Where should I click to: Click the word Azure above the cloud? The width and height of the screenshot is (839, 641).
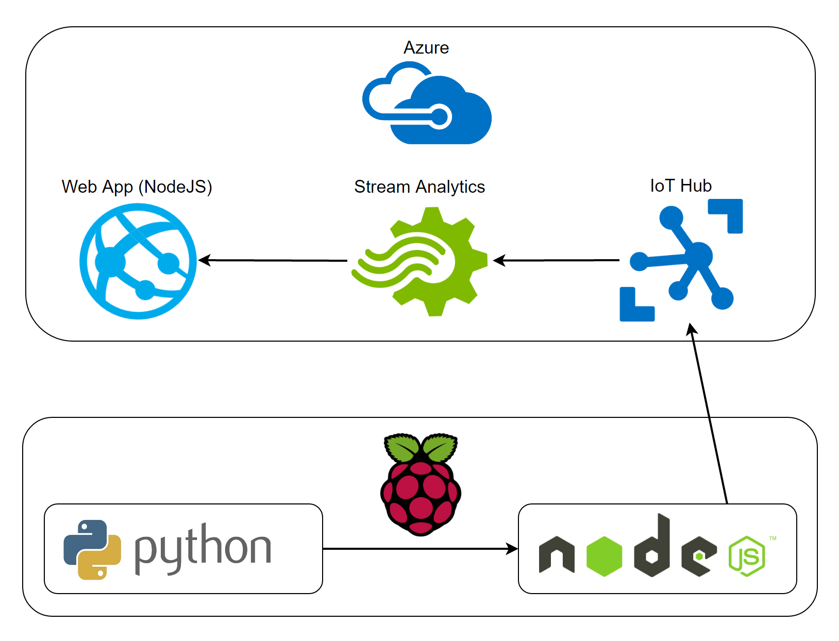[426, 47]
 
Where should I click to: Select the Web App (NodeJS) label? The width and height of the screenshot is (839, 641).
[137, 187]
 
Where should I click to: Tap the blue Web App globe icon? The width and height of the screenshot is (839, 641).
[138, 261]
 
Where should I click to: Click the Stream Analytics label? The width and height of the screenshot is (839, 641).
[419, 187]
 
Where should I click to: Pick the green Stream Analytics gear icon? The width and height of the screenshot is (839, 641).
[420, 261]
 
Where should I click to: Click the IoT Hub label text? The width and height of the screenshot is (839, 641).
[681, 185]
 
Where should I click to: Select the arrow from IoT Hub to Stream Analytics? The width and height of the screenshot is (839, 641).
[557, 260]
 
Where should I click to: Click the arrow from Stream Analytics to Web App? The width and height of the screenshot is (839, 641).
[273, 260]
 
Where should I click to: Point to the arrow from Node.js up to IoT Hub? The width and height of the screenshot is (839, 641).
[709, 412]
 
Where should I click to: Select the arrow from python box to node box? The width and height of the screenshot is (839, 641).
[420, 549]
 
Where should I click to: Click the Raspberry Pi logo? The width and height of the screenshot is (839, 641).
[421, 484]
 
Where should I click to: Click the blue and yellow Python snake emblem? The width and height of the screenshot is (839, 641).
[92, 549]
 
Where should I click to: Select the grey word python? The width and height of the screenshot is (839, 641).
[203, 548]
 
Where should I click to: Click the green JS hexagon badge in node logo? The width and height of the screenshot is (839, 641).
[747, 556]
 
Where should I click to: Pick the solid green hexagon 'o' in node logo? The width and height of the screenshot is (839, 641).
[605, 556]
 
